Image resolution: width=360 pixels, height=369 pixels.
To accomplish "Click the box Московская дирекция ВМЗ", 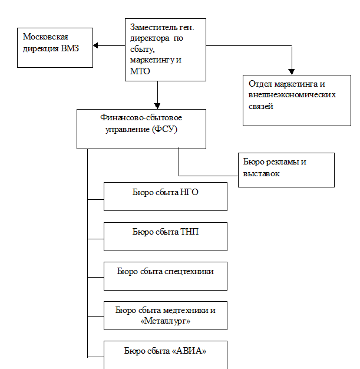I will click(x=55, y=48).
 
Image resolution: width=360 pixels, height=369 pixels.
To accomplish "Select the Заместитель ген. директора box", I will click(x=165, y=48).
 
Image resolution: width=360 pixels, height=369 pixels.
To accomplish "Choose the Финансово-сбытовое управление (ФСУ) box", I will click(x=141, y=127).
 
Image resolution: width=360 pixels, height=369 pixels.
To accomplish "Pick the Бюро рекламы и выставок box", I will click(x=286, y=170).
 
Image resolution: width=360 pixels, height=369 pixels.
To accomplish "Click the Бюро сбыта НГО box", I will click(x=166, y=196).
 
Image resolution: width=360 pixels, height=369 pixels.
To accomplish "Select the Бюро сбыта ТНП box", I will click(x=166, y=236).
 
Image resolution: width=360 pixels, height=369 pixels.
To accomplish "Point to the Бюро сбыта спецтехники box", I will click(x=166, y=276).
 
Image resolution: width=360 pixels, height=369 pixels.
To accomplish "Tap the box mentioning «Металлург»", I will click(x=166, y=315).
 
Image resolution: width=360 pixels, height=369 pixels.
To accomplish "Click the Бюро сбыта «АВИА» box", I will click(x=166, y=352).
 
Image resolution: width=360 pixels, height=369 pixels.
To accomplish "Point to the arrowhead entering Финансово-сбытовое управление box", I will click(x=158, y=104).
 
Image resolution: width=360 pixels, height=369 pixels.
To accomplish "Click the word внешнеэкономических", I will click(x=292, y=95).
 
